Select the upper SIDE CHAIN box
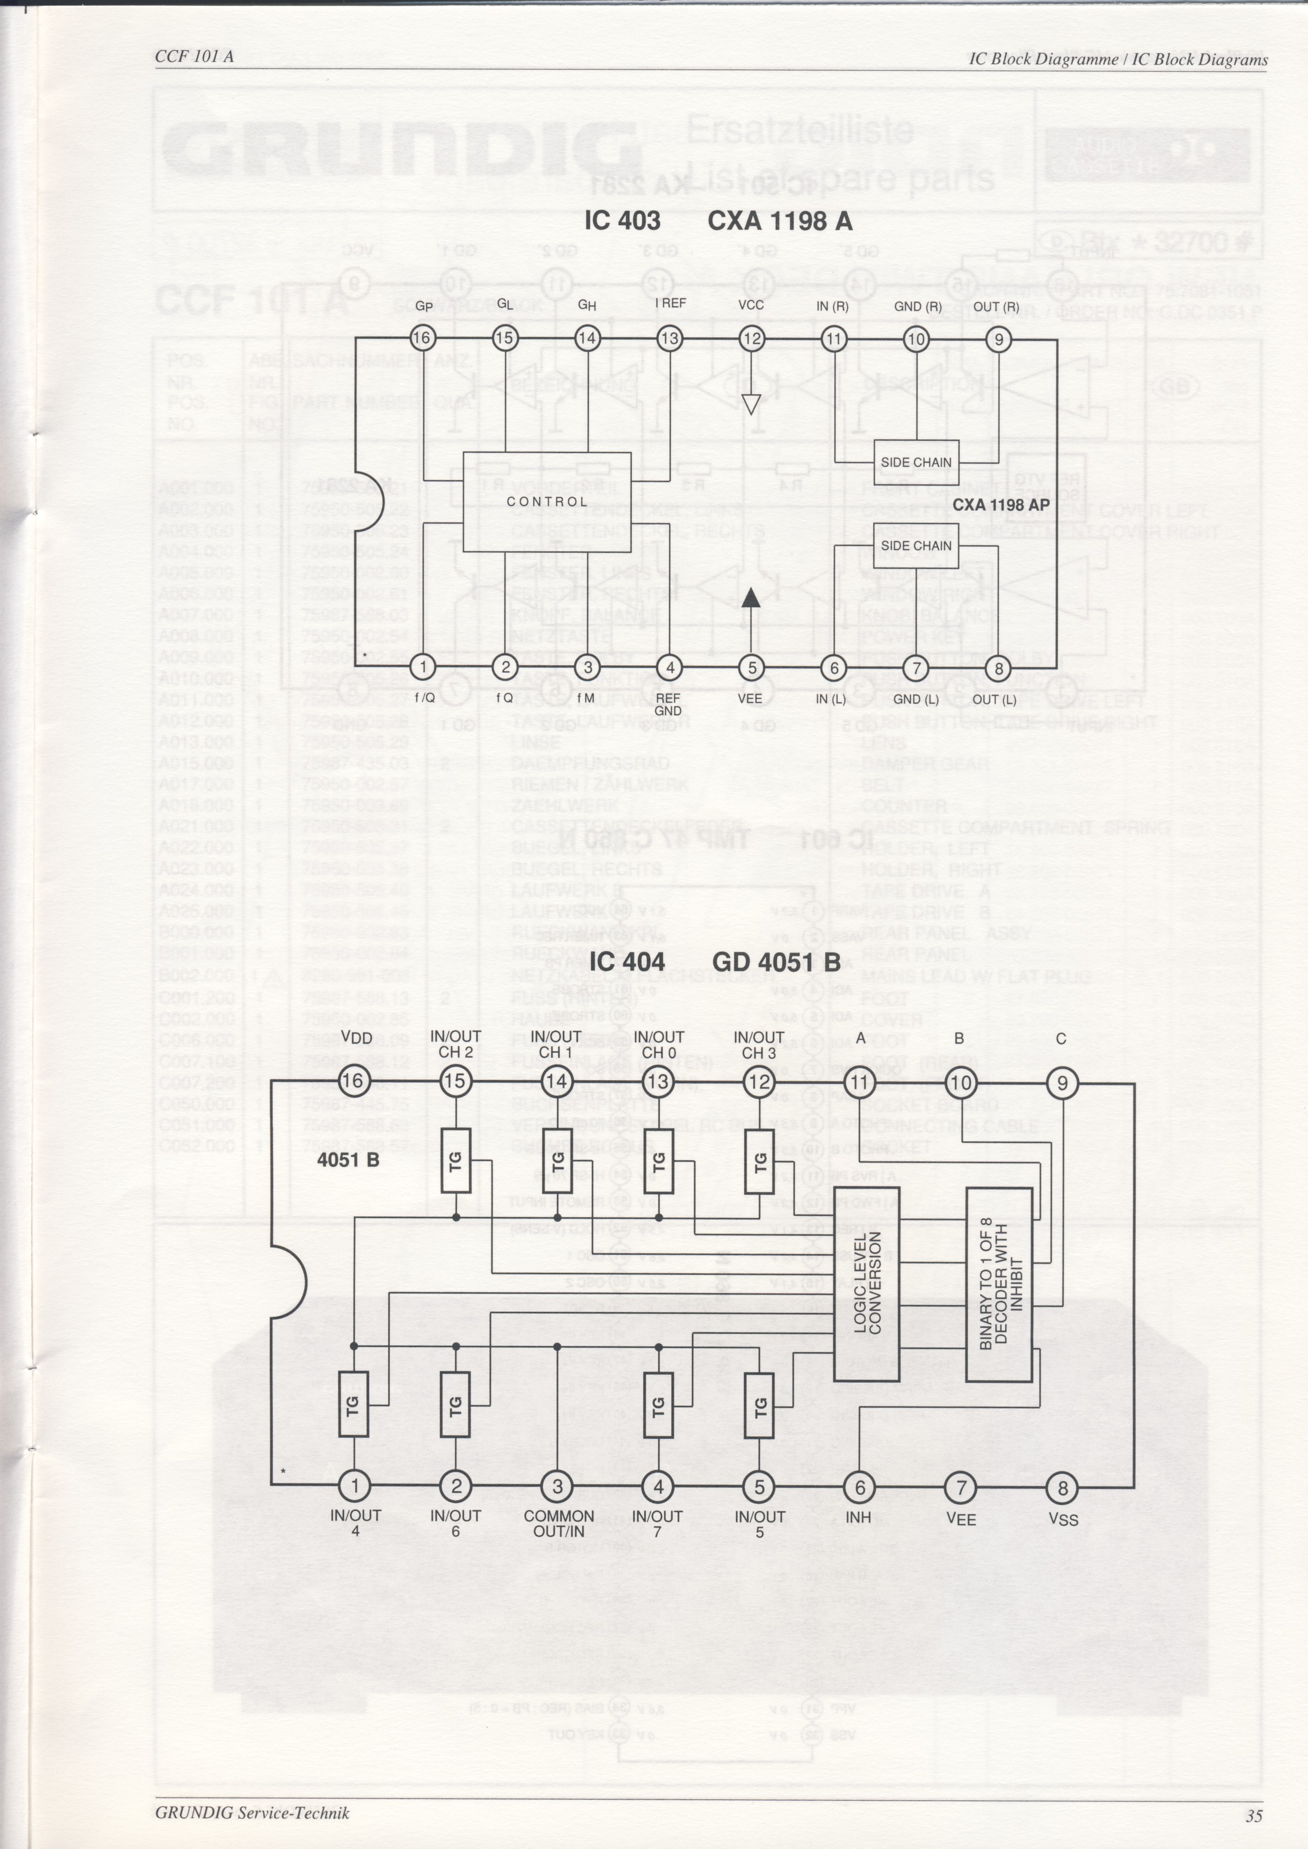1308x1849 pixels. click(x=916, y=462)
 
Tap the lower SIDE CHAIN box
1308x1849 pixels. click(x=916, y=545)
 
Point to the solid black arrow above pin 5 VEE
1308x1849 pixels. click(x=751, y=597)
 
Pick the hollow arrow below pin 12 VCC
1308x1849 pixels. click(x=751, y=403)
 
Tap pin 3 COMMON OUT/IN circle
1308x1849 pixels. click(x=557, y=1486)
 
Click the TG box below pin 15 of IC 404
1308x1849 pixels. click(x=456, y=1160)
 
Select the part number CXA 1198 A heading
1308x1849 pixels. click(x=780, y=221)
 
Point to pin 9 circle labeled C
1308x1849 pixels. click(x=1062, y=1082)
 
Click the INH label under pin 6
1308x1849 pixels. click(x=859, y=1518)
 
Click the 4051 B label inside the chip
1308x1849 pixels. click(x=348, y=1160)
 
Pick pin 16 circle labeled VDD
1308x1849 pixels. click(x=355, y=1081)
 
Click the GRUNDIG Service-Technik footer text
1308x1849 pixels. click(x=253, y=1790)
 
